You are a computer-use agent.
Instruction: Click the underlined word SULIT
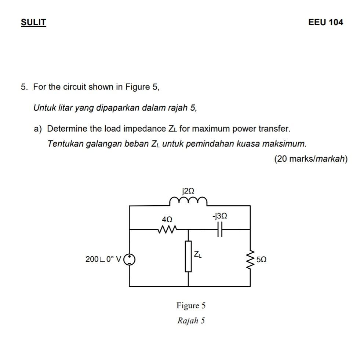(33, 22)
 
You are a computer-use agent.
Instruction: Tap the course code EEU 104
(325, 22)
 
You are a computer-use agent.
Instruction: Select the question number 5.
(23, 87)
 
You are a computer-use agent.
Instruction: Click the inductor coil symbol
(188, 201)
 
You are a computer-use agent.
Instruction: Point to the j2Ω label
(188, 191)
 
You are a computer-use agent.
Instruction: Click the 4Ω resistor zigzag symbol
(167, 229)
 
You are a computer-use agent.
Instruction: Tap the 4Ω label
(167, 219)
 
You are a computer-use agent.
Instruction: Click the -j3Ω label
(219, 216)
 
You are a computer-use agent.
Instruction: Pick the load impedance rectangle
(188, 256)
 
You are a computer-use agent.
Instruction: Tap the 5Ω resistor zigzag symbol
(251, 259)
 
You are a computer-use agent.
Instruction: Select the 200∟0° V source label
(103, 259)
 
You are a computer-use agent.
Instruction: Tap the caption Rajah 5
(191, 320)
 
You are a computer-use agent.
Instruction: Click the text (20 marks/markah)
(310, 159)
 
